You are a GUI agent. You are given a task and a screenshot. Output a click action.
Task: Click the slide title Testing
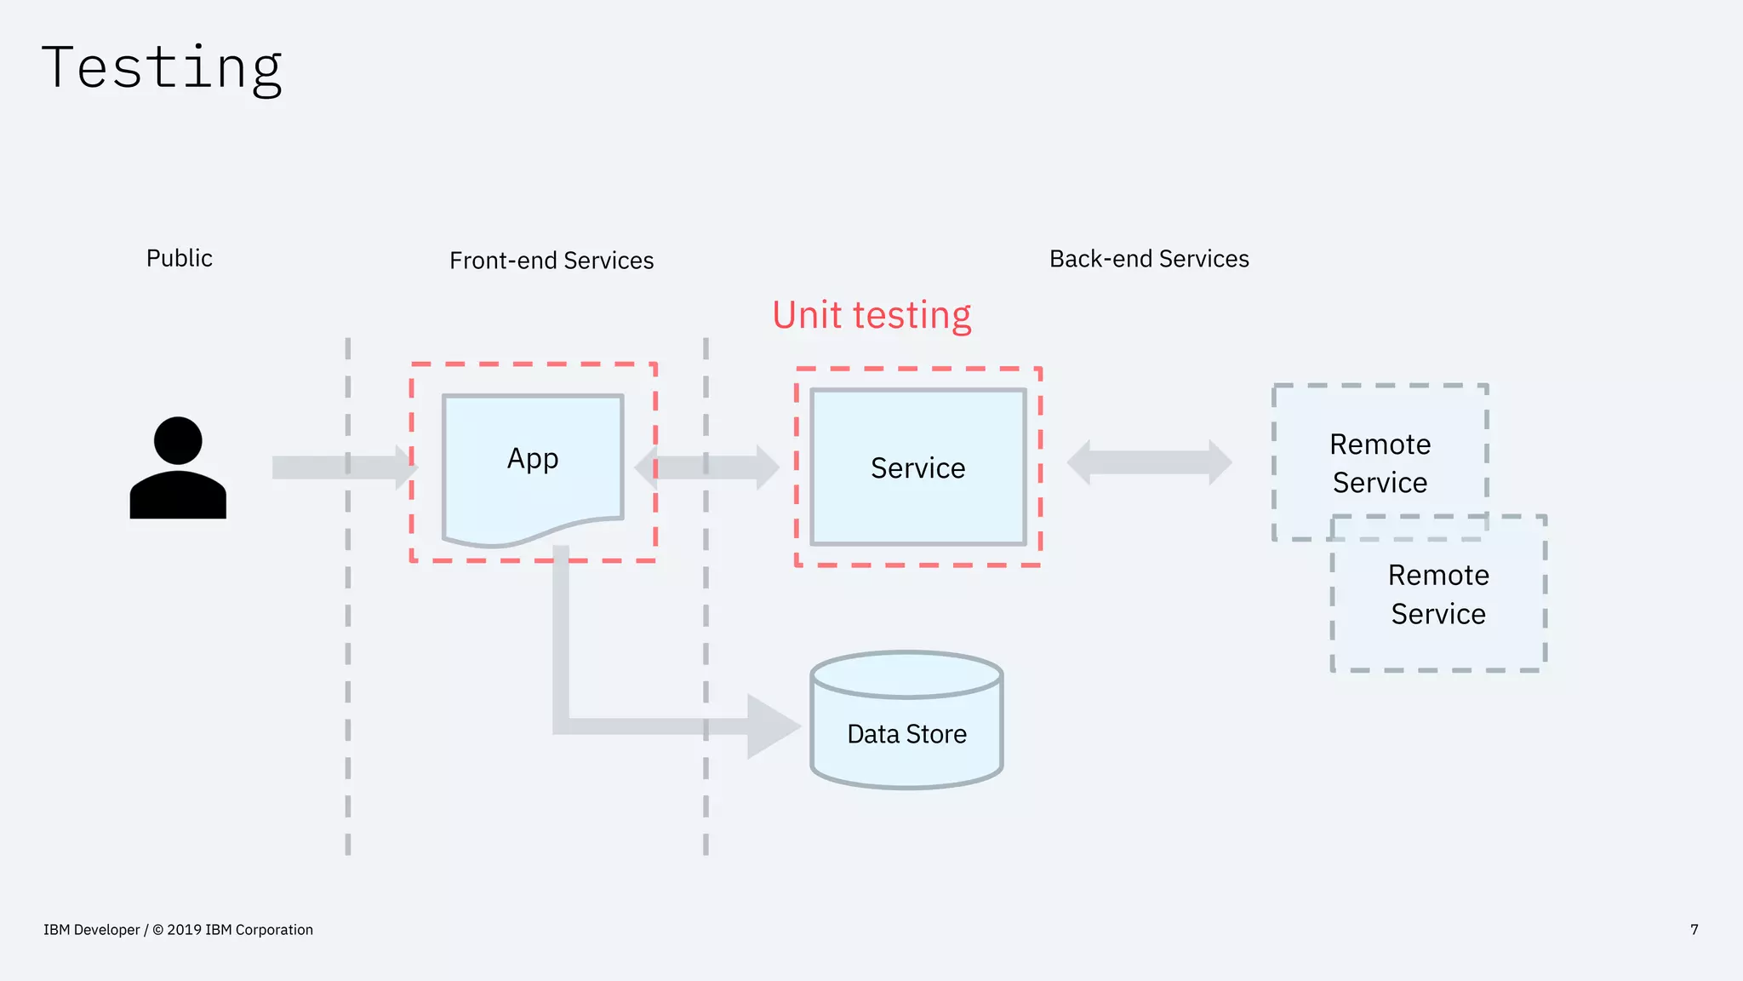coord(162,68)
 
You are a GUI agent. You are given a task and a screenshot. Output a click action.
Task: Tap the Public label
coord(179,258)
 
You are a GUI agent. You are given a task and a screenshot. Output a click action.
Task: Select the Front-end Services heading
coord(551,261)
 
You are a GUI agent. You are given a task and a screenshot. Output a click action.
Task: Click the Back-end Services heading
coord(1149,259)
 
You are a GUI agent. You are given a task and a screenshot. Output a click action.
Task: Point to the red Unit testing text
coord(871,315)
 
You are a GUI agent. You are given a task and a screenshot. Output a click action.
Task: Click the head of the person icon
coord(178,440)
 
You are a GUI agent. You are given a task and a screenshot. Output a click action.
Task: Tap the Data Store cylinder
coord(906,749)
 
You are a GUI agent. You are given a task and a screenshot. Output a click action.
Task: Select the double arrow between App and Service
coord(706,467)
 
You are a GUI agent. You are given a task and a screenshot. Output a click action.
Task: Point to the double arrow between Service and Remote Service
coord(1149,462)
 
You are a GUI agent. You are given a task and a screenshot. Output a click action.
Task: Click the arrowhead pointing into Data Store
coord(770,726)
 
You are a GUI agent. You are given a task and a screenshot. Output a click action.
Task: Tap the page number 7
coord(1694,930)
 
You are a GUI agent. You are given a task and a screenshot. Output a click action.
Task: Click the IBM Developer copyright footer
coord(178,930)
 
